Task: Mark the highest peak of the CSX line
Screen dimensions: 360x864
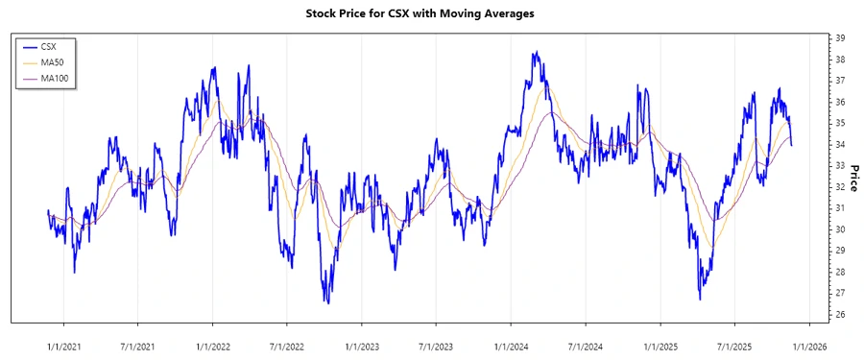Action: coord(535,52)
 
